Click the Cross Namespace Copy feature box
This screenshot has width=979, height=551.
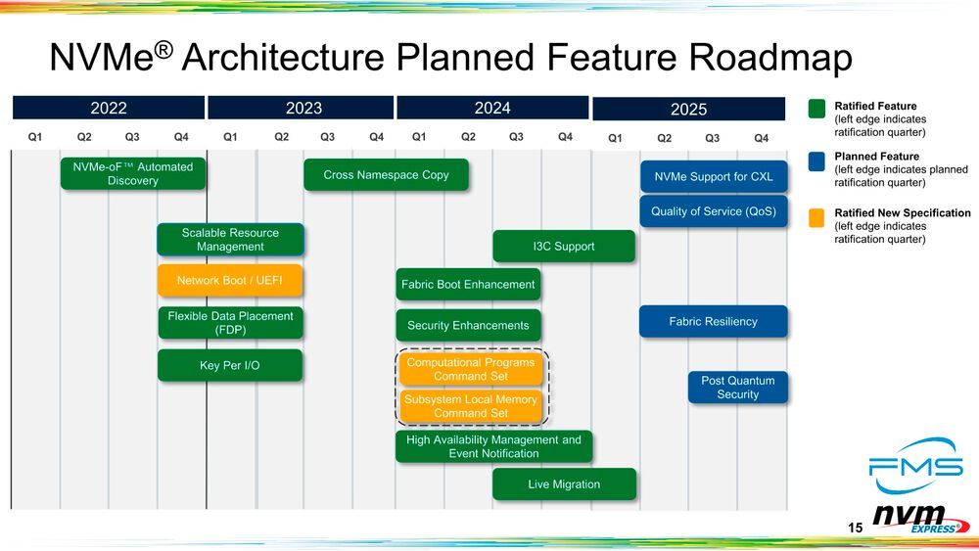pos(386,175)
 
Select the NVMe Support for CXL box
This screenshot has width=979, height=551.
pos(713,177)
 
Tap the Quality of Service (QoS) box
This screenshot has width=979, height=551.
pos(713,211)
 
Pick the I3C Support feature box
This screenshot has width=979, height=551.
pos(563,247)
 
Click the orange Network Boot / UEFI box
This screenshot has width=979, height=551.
pos(230,281)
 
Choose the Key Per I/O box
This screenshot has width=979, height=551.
pos(230,366)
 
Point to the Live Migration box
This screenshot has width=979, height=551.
pos(564,484)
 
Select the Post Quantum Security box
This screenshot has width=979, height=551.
pos(737,388)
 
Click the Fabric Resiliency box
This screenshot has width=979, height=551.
pos(713,322)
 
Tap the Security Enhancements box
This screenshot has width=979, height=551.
pos(468,326)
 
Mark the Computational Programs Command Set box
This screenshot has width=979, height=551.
pos(471,370)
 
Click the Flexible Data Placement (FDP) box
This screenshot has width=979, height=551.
pos(230,323)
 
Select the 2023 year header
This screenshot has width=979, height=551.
pos(303,108)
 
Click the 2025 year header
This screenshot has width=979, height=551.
pos(688,110)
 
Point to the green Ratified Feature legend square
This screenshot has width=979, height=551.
pos(817,108)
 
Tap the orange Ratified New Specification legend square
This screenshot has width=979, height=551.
pos(817,215)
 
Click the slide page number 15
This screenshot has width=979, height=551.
pos(855,528)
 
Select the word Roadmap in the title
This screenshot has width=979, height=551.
pos(770,60)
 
